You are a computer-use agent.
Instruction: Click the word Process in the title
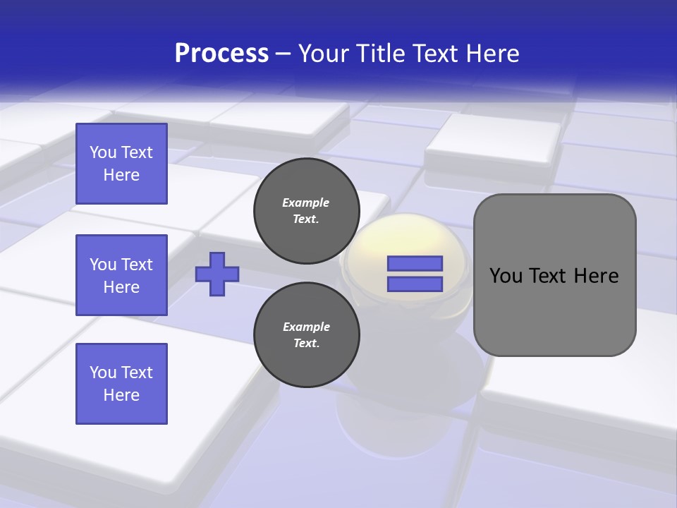pyautogui.click(x=221, y=54)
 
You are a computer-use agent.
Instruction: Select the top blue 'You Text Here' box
pyautogui.click(x=121, y=164)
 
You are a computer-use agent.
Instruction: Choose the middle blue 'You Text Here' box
pyautogui.click(x=121, y=275)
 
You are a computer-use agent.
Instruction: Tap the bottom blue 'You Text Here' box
pyautogui.click(x=121, y=384)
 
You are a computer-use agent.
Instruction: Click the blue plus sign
pyautogui.click(x=217, y=274)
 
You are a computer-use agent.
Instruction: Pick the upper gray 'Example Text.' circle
pyautogui.click(x=307, y=211)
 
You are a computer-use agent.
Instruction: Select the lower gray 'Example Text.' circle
pyautogui.click(x=307, y=335)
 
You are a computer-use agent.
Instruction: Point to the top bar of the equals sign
pyautogui.click(x=415, y=264)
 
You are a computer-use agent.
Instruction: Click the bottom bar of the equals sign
pyautogui.click(x=415, y=284)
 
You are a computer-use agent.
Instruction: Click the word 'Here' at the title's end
pyautogui.click(x=494, y=54)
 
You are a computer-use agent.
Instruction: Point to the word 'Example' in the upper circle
pyautogui.click(x=306, y=202)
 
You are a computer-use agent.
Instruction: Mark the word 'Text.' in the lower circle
pyautogui.click(x=306, y=344)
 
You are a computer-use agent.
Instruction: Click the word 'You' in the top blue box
pyautogui.click(x=102, y=152)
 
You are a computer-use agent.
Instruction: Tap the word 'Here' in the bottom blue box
pyautogui.click(x=121, y=395)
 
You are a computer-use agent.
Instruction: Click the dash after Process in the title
pyautogui.click(x=283, y=54)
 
